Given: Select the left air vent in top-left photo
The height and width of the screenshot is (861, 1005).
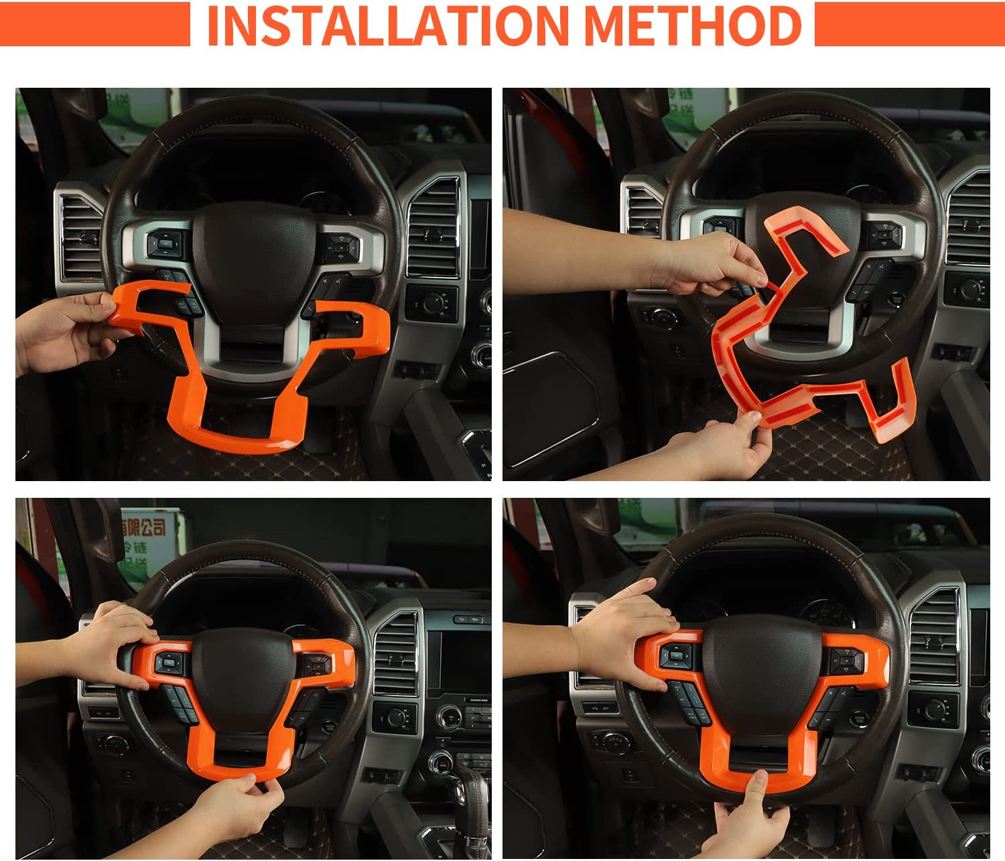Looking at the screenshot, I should coord(79,235).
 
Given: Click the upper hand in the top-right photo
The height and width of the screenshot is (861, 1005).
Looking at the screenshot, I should coord(710,265).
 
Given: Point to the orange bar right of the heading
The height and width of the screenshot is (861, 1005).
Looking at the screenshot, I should coord(909,24).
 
